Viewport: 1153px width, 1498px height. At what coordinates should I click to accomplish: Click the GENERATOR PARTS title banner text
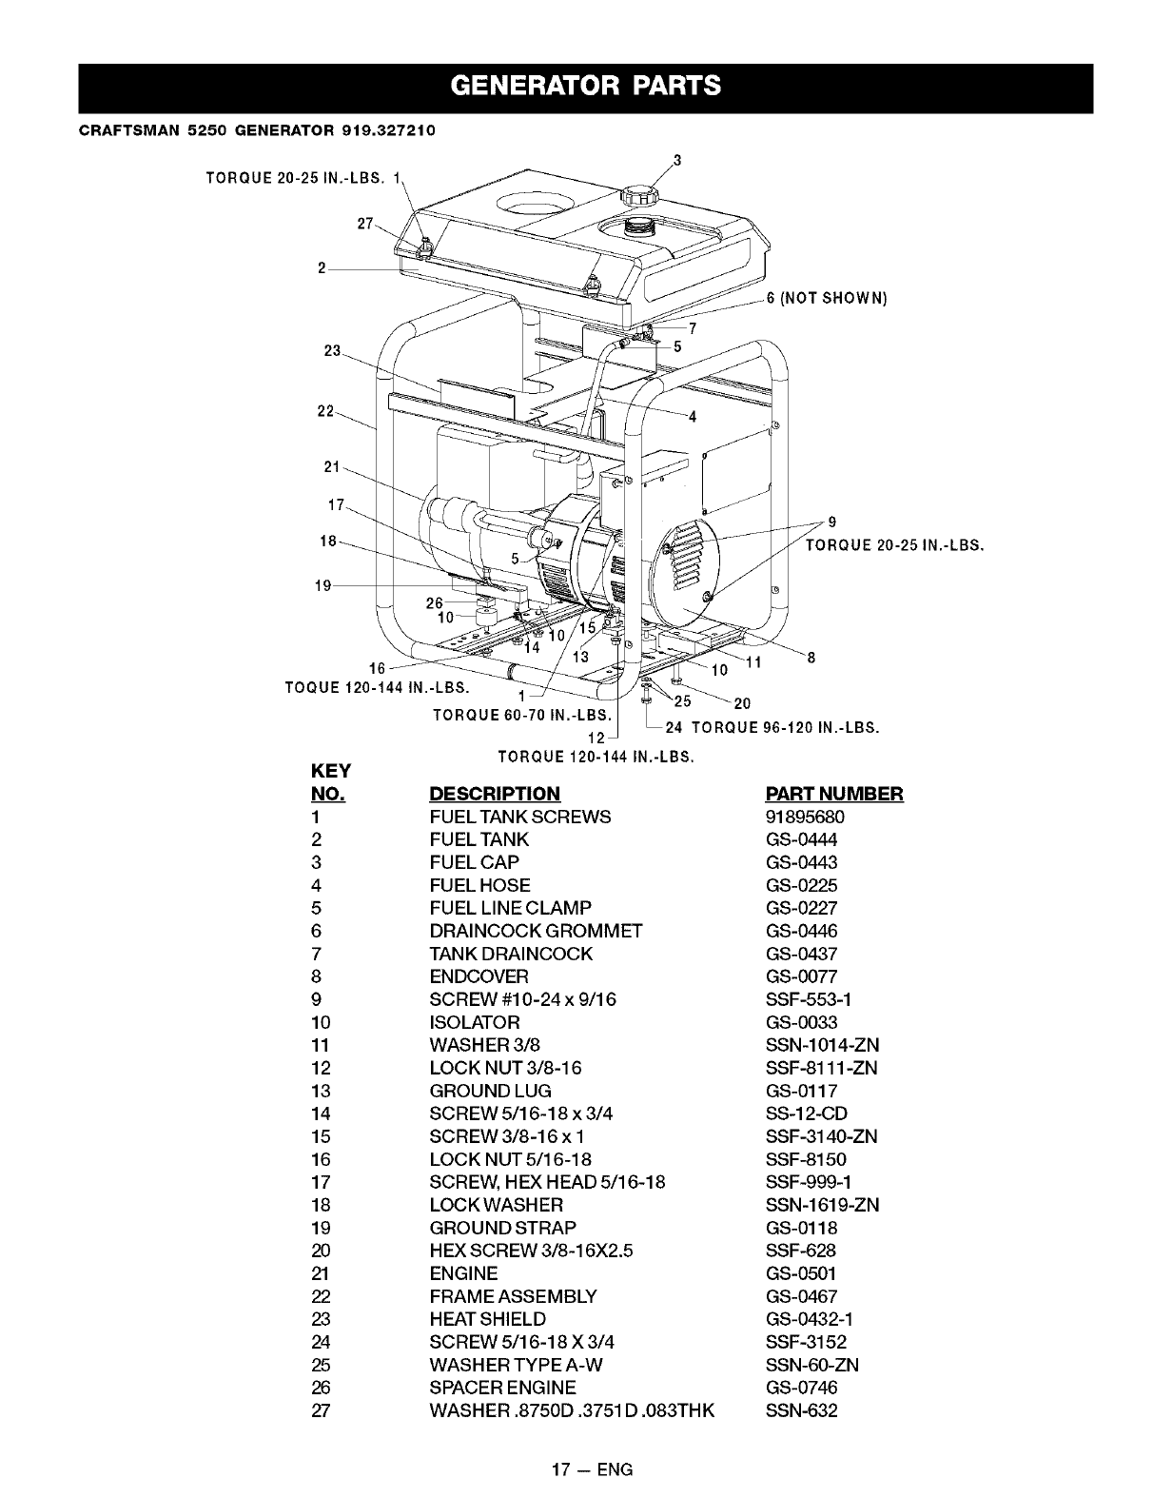[x=585, y=87]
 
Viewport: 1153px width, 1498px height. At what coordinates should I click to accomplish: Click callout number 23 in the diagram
[x=332, y=350]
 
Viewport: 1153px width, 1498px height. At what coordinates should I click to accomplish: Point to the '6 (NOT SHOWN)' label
[x=827, y=298]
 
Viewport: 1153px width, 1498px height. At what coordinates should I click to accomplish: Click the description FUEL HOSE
[x=479, y=885]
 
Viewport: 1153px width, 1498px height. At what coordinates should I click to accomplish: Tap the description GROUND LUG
[x=490, y=1091]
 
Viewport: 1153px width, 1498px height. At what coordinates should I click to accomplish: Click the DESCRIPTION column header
[x=495, y=794]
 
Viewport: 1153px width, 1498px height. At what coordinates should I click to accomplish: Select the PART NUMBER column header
[x=833, y=794]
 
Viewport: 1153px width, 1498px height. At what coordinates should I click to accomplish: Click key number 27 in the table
[x=320, y=1410]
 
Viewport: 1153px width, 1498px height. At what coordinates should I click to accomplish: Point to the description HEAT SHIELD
[x=487, y=1319]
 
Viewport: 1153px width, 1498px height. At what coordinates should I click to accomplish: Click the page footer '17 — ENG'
[x=585, y=1469]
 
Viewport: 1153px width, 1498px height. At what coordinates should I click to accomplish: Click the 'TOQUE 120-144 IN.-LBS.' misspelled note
[x=379, y=686]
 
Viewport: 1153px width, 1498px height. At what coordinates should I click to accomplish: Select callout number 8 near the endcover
[x=811, y=657]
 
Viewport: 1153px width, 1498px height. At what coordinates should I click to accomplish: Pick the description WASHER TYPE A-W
[x=516, y=1365]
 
